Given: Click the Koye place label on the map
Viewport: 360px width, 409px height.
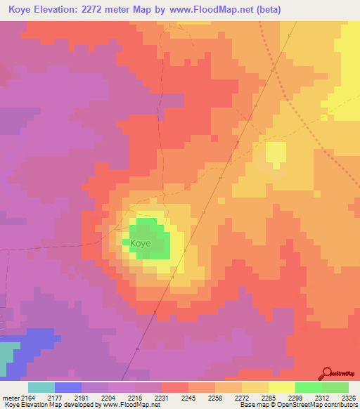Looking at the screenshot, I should (139, 243).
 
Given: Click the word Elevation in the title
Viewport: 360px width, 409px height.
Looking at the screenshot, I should (72, 9).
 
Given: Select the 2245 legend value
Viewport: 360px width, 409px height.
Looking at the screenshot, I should (188, 398).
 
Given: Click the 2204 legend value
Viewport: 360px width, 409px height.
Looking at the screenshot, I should (108, 398).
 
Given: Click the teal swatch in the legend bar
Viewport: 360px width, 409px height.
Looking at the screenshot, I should (41, 387).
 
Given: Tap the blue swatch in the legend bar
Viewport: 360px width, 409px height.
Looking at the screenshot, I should (68, 387).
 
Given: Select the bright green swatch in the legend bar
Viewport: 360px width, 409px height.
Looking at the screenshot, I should (308, 387).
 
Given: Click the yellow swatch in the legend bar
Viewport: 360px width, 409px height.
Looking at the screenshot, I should (281, 387).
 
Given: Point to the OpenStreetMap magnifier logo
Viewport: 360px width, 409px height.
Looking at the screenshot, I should (326, 372).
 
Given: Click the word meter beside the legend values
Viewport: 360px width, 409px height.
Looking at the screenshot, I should (10, 398).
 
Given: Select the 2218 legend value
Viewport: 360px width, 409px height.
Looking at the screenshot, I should (135, 398).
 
